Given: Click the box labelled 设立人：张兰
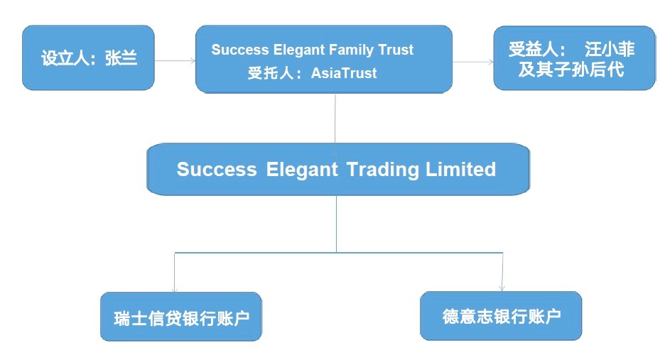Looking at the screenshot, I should click(88, 58).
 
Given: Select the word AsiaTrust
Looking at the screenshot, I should click(344, 72).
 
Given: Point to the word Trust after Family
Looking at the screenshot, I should click(397, 50).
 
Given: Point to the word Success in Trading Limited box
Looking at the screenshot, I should click(216, 170).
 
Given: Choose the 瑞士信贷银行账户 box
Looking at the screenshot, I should click(180, 317).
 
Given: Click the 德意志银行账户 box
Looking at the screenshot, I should click(501, 316).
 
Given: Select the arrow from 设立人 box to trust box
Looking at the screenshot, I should click(174, 60).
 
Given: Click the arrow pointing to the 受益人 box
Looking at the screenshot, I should click(473, 61).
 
